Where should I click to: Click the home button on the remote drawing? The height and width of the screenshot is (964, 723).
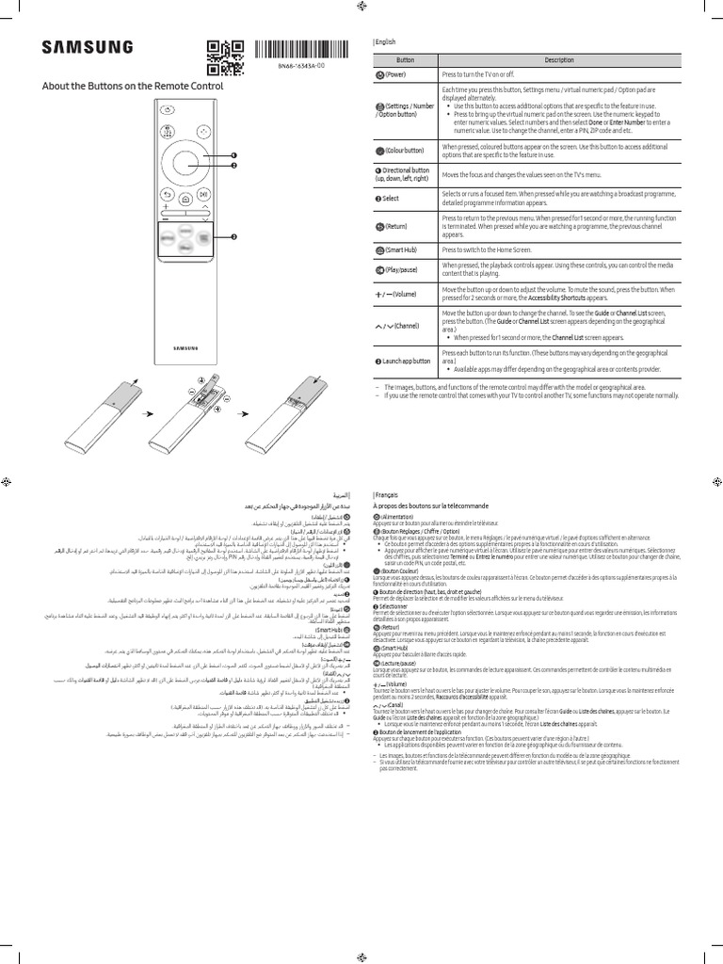pyautogui.click(x=185, y=199)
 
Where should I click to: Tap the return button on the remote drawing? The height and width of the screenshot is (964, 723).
pyautogui.click(x=167, y=192)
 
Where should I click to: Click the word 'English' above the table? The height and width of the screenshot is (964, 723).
pyautogui.click(x=387, y=42)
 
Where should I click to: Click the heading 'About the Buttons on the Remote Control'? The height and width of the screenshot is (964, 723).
pyautogui.click(x=133, y=86)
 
